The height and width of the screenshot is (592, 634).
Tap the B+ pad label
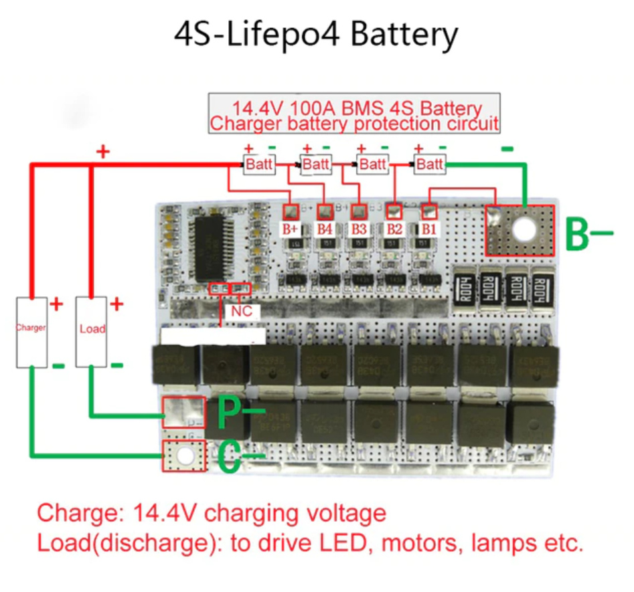tap(291, 229)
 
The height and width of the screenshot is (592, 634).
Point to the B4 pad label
tap(325, 229)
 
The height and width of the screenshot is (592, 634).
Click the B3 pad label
tap(358, 229)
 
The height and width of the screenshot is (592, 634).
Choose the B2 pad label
tap(394, 229)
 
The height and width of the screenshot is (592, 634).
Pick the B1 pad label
tap(428, 229)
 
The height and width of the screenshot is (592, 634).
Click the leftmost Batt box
tap(258, 163)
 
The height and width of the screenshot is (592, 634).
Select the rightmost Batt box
tap(430, 163)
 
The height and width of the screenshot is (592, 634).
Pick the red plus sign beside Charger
tap(56, 305)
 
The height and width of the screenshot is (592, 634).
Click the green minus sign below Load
tap(116, 365)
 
